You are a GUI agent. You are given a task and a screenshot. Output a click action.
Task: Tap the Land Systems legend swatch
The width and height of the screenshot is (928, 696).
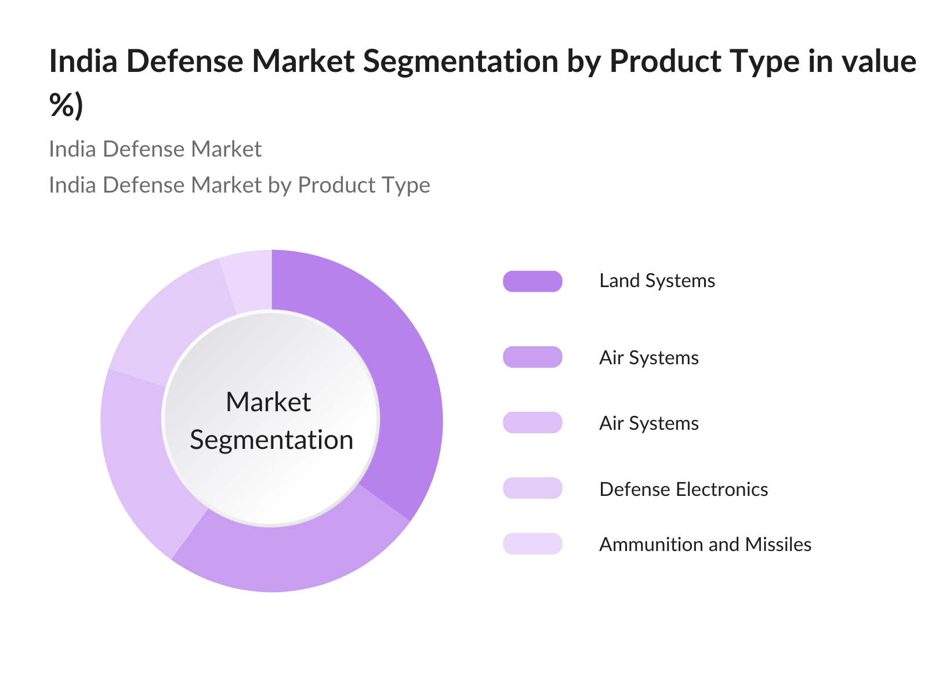pos(532,281)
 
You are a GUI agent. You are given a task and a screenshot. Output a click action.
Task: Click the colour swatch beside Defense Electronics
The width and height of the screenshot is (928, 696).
pos(532,488)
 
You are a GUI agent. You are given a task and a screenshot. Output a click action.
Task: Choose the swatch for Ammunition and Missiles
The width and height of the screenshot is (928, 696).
pos(532,544)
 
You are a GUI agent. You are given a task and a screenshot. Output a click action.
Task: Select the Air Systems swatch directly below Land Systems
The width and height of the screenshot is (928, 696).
pos(532,357)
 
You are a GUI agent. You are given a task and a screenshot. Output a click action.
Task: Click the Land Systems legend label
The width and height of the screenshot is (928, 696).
pos(657,281)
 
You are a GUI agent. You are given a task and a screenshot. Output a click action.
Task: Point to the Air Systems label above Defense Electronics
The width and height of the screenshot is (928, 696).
pos(648,423)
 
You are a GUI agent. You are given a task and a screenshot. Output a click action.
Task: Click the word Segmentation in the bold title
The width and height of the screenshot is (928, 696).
pos(461,61)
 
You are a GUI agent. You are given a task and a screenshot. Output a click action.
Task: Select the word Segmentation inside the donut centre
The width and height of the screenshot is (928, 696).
pos(271,440)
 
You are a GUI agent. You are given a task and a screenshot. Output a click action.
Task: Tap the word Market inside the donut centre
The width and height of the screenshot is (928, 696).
pos(268,402)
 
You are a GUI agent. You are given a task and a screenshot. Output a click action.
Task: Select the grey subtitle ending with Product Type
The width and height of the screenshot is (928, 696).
pos(239,185)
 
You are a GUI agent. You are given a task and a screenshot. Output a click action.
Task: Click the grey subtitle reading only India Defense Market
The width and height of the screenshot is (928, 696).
pos(155,149)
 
